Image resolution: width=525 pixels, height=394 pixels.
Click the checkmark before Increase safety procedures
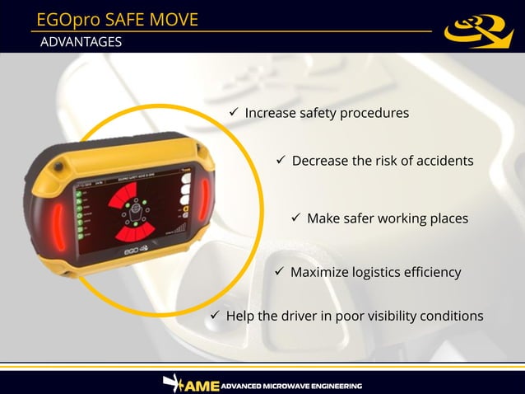point(234,111)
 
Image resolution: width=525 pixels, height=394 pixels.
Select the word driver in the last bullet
point(304,316)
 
